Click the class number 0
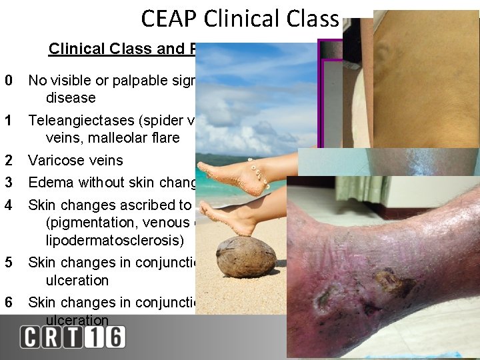click(8, 81)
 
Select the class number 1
click(8, 121)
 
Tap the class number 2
click(8, 160)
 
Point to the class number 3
click(8, 183)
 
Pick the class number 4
click(8, 205)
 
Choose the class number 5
click(8, 262)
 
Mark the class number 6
click(8, 302)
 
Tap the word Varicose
click(53, 160)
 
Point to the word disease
click(71, 98)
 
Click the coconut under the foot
click(247, 256)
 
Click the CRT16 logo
click(72, 336)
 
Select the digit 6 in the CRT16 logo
click(114, 336)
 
